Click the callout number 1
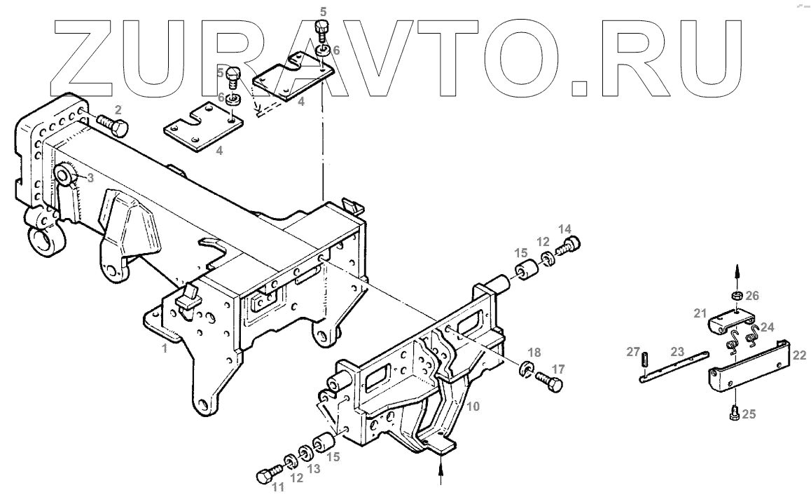click(165, 348)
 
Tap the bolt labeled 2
click(112, 125)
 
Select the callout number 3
click(90, 178)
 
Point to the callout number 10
click(473, 406)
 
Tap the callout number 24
click(767, 326)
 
